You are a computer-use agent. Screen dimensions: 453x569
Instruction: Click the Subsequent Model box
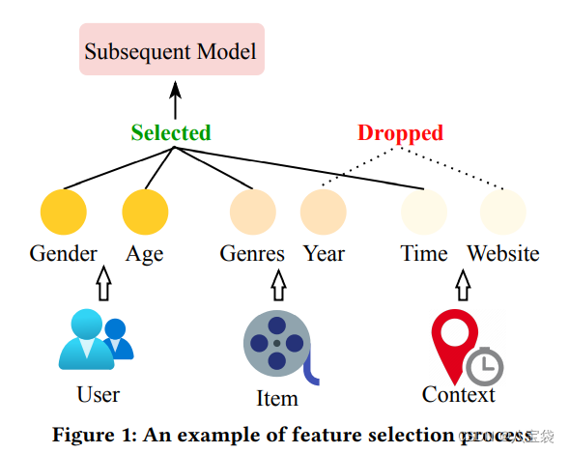point(172,51)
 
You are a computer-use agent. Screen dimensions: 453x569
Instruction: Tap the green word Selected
point(171,133)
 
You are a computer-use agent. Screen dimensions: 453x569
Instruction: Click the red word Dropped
point(400,133)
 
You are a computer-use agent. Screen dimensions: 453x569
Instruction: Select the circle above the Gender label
point(64,212)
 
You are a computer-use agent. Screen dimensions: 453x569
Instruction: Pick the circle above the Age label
point(145,212)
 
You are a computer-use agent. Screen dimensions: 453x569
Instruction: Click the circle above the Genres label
point(252,212)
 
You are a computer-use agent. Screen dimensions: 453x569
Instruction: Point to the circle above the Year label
point(324,212)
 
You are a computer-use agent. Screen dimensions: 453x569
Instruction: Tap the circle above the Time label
point(424,212)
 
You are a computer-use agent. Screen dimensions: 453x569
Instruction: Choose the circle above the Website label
point(503,212)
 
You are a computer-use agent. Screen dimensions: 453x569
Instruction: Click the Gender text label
point(64,254)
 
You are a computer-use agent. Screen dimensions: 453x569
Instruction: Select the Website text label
point(503,254)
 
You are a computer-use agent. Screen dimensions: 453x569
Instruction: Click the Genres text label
point(252,254)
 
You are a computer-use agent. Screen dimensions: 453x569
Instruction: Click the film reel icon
point(276,343)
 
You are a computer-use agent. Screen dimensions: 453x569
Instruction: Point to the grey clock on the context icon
point(484,365)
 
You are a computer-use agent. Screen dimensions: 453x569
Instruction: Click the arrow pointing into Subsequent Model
point(175,99)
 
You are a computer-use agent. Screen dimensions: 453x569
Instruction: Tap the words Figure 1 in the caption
point(96,435)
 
